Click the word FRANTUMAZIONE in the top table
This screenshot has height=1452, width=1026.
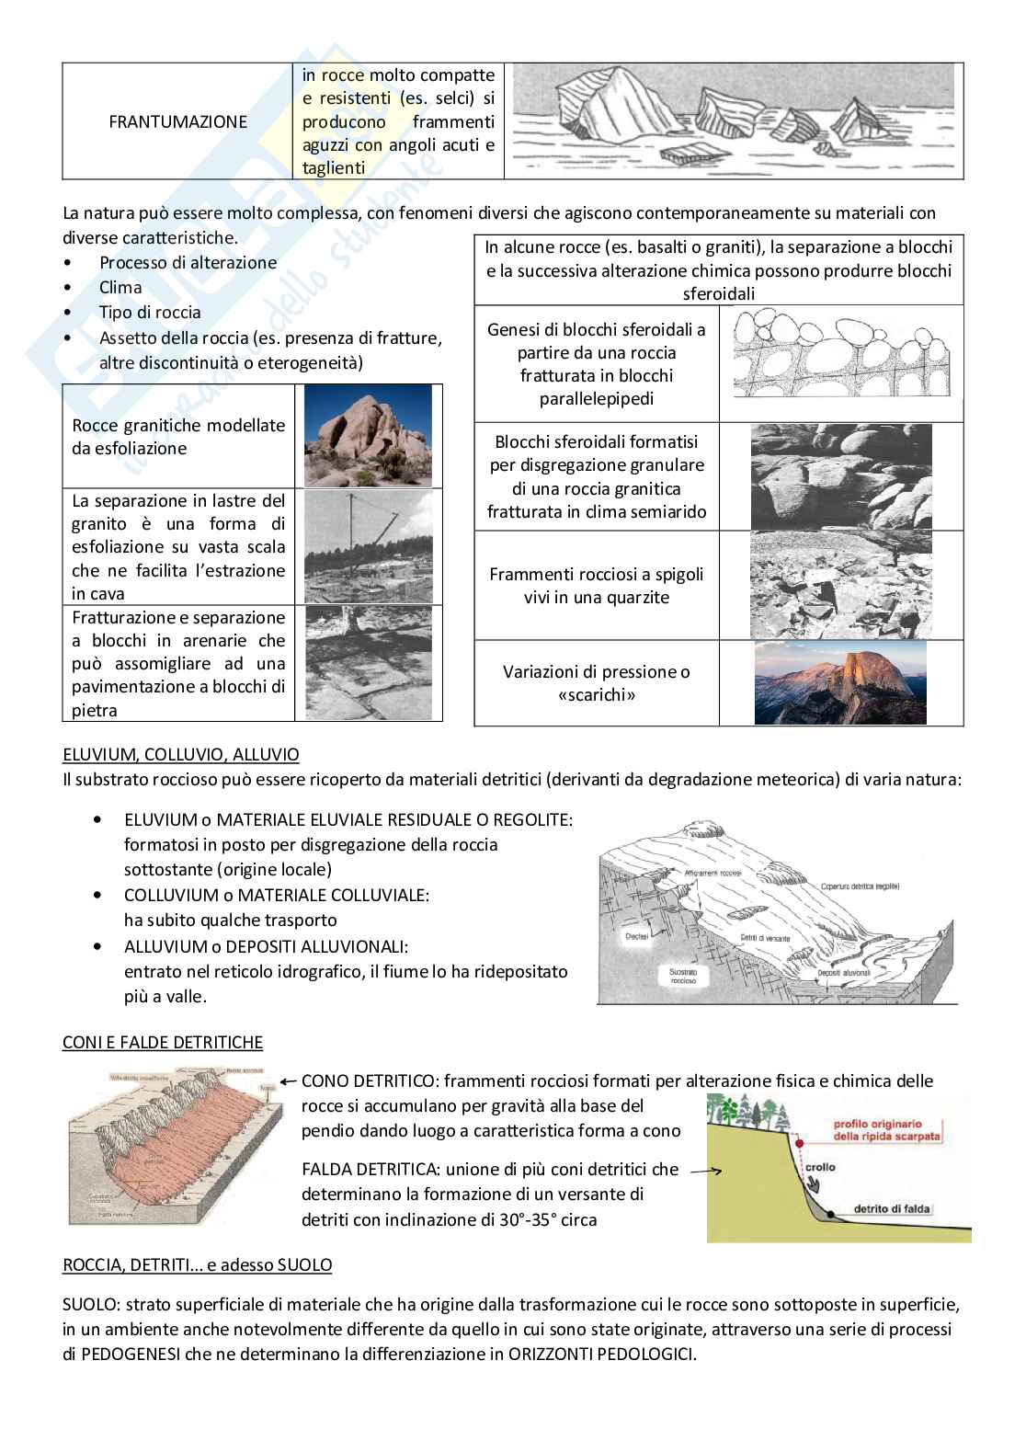(177, 121)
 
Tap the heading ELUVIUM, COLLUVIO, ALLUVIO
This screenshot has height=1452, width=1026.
(180, 755)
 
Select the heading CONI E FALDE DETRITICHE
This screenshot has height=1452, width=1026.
(162, 1042)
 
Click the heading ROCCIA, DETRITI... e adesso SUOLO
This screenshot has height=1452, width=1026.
(197, 1264)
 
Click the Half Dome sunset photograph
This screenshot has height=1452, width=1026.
(840, 682)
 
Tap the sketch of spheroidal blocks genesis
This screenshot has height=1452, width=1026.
(841, 363)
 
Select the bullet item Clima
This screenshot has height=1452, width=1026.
(120, 288)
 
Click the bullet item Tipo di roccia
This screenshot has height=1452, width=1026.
(150, 313)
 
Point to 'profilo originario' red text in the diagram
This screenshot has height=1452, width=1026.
(886, 1125)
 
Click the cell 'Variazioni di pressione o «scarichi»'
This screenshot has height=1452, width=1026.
(596, 683)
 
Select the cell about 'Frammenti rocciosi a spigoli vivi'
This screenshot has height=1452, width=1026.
(596, 586)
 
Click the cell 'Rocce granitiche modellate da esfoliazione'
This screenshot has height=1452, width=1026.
(178, 437)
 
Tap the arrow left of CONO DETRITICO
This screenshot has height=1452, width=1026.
(288, 1081)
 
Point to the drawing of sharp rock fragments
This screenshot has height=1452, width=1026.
(734, 120)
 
